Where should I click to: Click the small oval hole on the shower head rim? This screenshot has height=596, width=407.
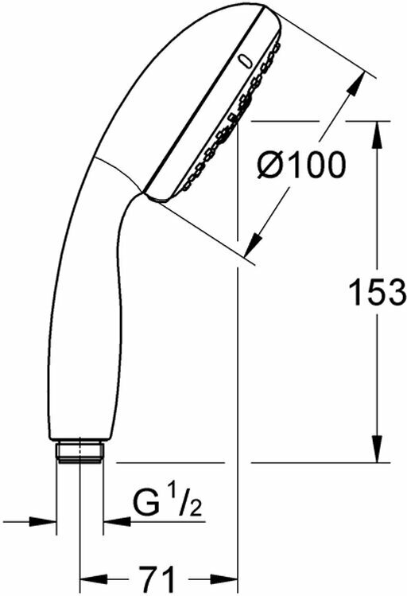(245, 60)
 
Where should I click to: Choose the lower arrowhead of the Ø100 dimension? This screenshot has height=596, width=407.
(255, 242)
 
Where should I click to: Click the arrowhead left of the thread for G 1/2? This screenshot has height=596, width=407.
(48, 523)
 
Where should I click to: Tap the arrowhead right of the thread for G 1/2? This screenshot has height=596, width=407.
(116, 523)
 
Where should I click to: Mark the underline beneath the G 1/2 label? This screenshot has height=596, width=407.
(159, 523)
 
